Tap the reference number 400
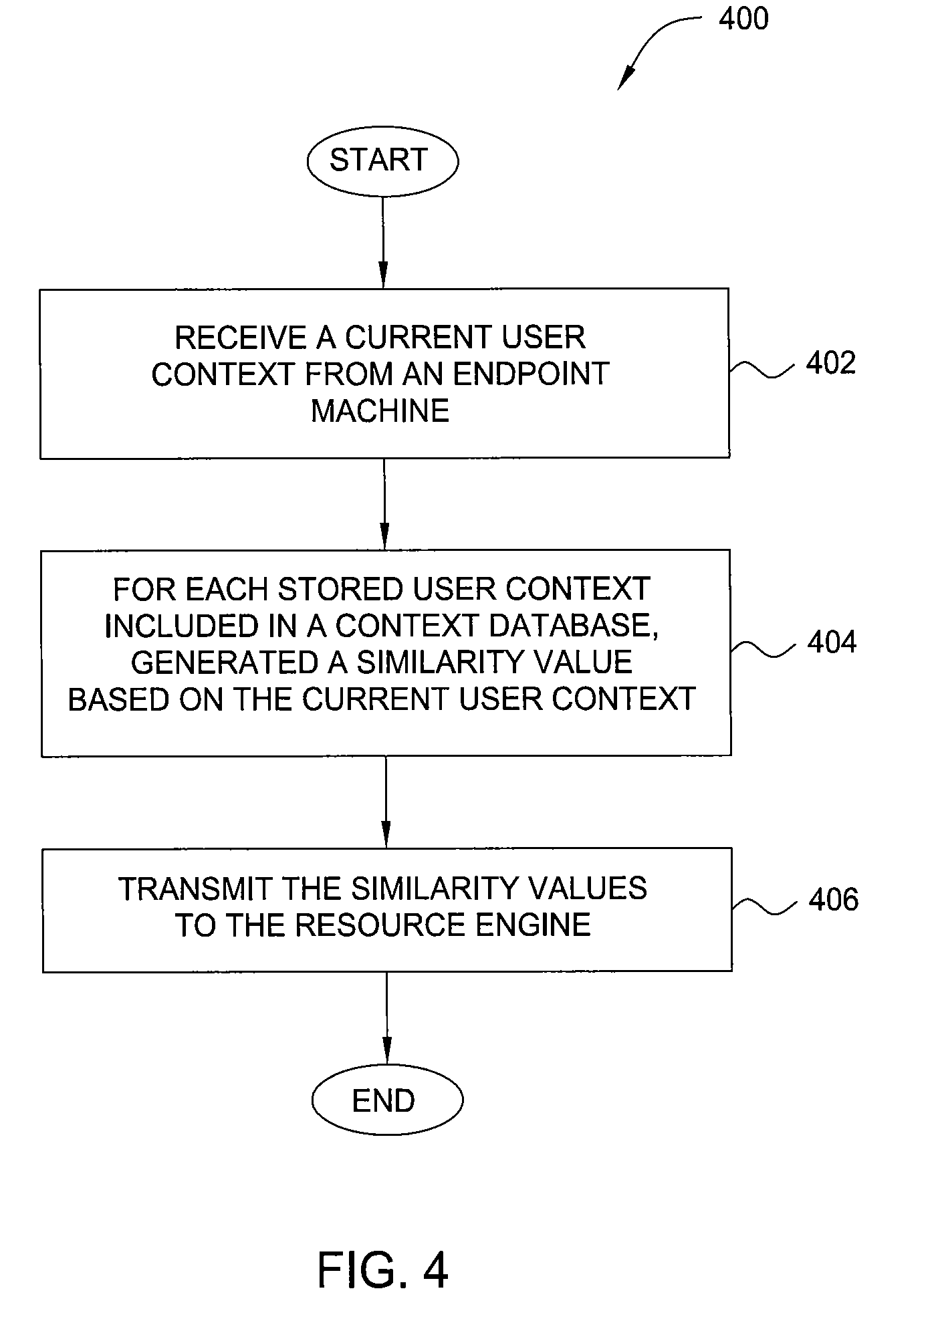[x=743, y=19]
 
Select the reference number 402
[x=830, y=363]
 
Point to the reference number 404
[x=832, y=642]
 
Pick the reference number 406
[x=833, y=899]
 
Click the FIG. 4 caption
[x=382, y=1270]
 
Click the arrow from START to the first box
[x=383, y=242]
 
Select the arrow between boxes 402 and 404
[x=384, y=504]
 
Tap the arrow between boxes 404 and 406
[x=386, y=802]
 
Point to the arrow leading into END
[x=386, y=1018]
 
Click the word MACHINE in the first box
[x=380, y=410]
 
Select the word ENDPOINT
[x=531, y=374]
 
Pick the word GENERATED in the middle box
[x=215, y=663]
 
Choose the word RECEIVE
[x=241, y=338]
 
